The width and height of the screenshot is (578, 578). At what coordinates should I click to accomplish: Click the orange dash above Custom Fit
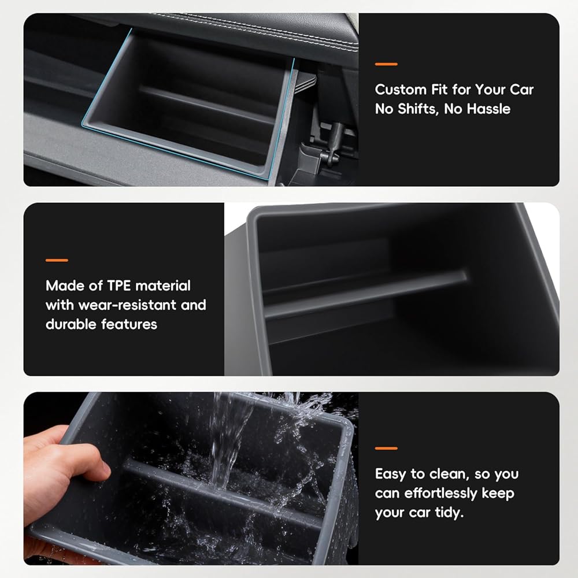[386, 64]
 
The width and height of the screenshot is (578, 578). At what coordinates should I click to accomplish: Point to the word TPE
[118, 286]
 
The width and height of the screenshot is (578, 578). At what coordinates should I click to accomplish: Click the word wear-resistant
[127, 305]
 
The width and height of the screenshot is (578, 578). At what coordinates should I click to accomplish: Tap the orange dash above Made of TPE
[57, 260]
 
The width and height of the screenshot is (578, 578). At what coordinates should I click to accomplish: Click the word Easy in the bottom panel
[390, 475]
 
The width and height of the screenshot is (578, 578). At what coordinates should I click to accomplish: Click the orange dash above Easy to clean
[386, 449]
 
